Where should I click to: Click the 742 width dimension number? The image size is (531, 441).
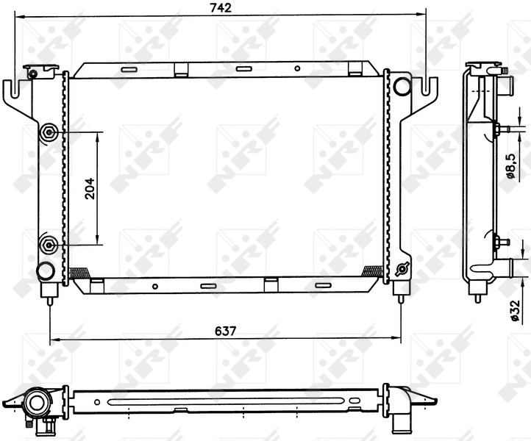221,8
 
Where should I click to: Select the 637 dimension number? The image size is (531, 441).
225,331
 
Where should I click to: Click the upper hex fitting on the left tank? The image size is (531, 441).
49,132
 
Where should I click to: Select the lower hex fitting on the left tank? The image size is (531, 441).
49,244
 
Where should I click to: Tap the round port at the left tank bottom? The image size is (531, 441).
46,270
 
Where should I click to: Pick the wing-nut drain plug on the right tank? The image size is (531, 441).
401,270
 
